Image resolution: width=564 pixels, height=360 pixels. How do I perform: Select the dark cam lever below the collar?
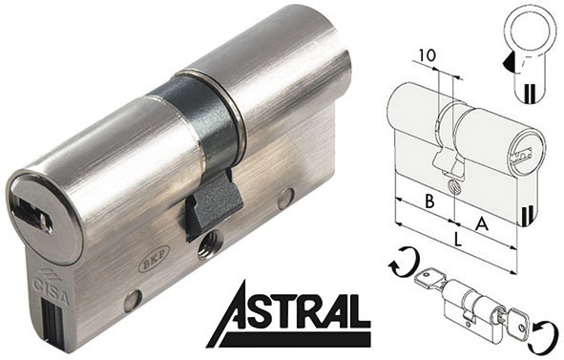212,205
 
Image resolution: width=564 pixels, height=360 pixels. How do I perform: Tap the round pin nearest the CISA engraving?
132,300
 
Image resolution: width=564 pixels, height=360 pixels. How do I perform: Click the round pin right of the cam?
285,199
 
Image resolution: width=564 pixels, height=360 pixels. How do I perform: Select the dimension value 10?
427,55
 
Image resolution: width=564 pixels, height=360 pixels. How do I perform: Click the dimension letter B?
429,201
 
